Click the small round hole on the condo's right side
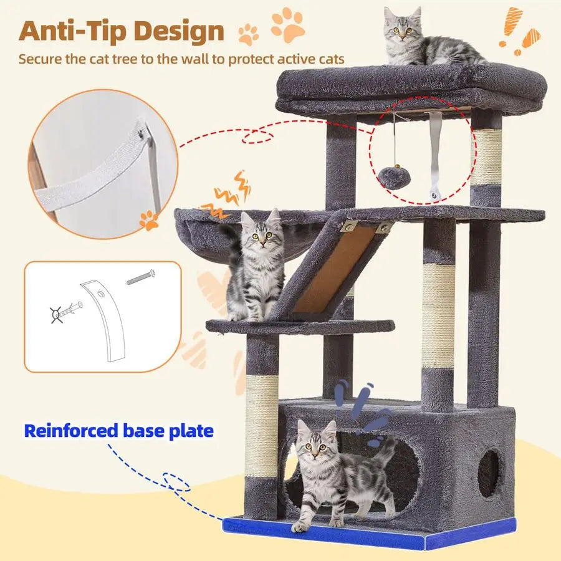489,474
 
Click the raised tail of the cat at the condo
387,455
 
